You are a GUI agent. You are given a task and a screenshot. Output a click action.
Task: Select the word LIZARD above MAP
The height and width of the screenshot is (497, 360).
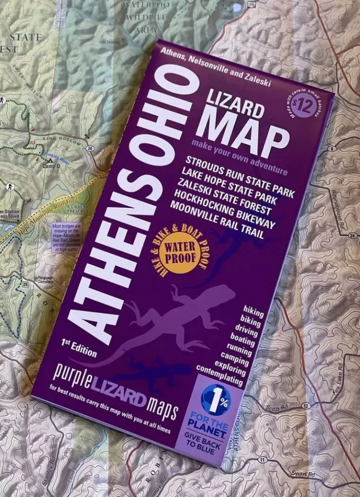pyautogui.click(x=235, y=104)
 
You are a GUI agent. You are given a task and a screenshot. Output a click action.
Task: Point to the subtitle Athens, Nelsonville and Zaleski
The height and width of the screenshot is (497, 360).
pyautogui.click(x=216, y=67)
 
